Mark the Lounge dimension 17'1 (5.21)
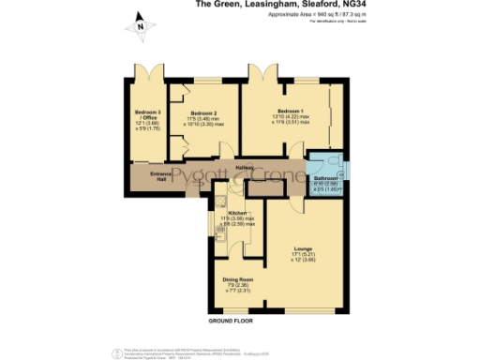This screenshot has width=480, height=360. [302, 254]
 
